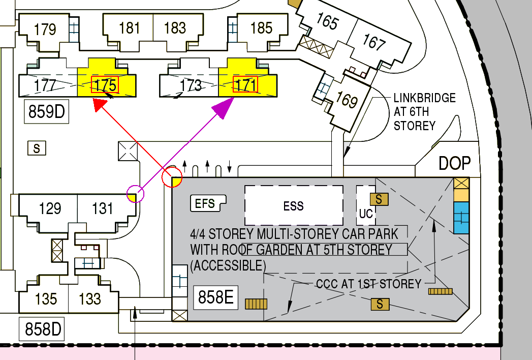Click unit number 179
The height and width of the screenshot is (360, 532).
click(x=45, y=29)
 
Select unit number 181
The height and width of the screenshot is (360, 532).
click(x=130, y=28)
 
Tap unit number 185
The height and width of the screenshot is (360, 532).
click(x=262, y=28)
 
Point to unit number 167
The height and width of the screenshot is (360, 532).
click(x=374, y=43)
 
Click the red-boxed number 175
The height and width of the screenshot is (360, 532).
click(x=105, y=84)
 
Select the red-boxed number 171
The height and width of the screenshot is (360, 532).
click(x=245, y=85)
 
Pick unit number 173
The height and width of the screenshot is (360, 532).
click(x=191, y=85)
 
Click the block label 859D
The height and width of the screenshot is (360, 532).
click(x=47, y=111)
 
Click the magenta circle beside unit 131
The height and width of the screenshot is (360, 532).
click(x=135, y=194)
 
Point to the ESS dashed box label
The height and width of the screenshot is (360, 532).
click(x=294, y=206)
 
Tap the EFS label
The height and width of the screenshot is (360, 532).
click(x=205, y=204)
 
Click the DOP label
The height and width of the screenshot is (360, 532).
click(x=455, y=163)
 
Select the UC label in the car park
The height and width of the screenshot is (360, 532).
click(x=366, y=214)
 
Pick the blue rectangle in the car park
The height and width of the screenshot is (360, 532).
click(x=461, y=218)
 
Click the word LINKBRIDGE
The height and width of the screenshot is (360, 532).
click(x=425, y=98)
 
